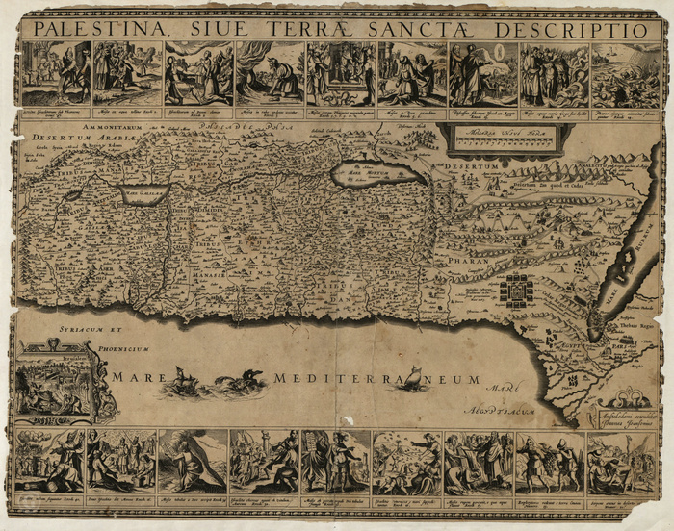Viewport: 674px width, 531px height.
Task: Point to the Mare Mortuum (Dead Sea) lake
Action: (376, 174)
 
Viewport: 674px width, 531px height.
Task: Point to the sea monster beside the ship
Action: (237, 385)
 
